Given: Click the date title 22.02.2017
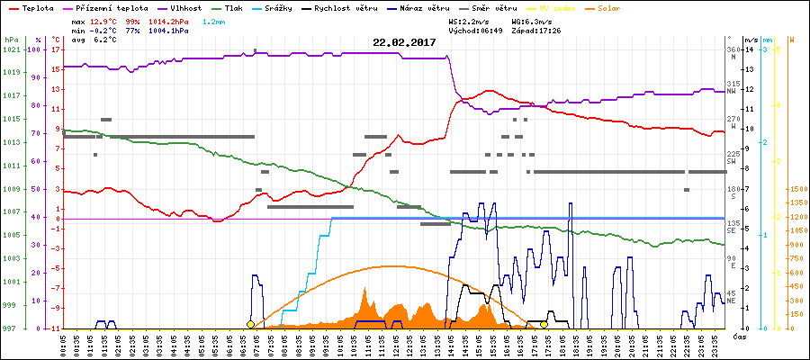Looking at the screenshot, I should tap(404, 42).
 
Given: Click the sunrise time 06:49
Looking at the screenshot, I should tap(487, 30).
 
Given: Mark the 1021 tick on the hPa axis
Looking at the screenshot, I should tap(11, 49).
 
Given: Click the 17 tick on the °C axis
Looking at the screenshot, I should tap(55, 49).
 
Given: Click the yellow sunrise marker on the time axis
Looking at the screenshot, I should tap(250, 324).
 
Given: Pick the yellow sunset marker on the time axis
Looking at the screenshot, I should tap(544, 324).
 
